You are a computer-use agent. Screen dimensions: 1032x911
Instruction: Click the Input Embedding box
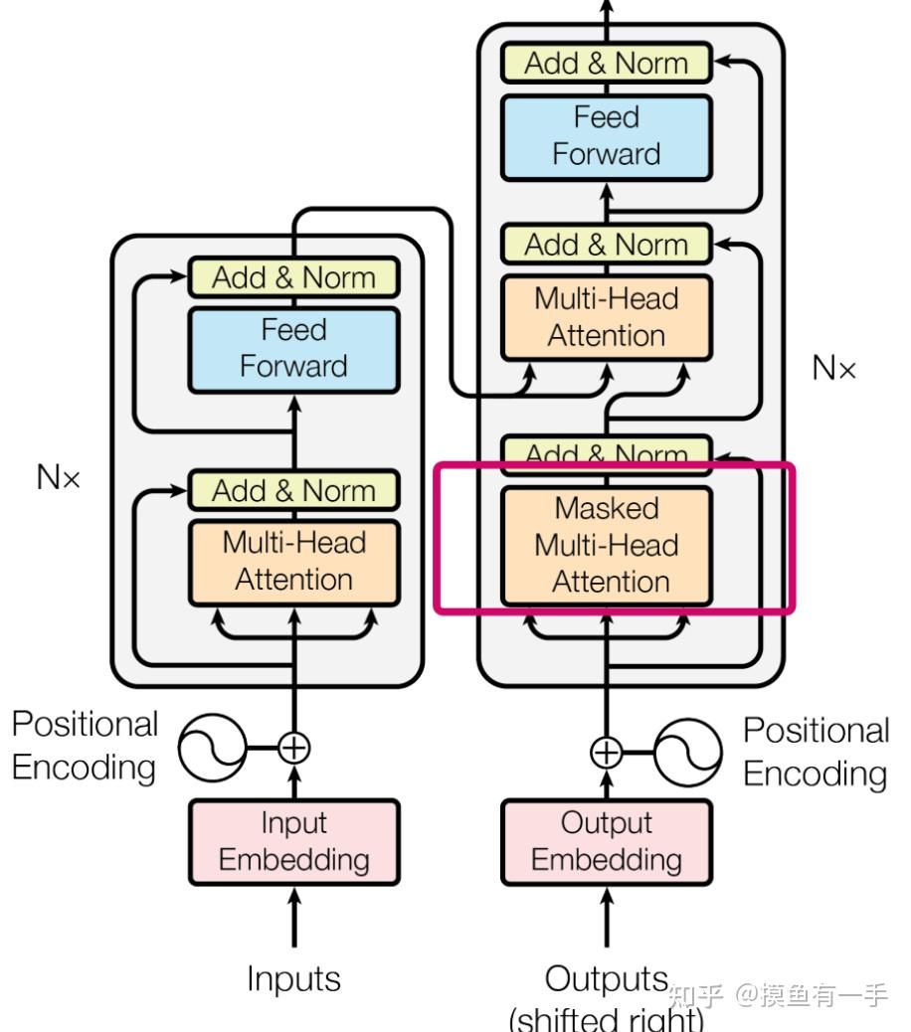tap(293, 841)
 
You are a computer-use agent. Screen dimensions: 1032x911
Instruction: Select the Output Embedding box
tap(606, 841)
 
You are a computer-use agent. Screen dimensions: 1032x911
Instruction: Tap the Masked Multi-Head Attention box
tap(606, 545)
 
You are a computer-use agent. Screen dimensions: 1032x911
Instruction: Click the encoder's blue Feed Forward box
tap(293, 348)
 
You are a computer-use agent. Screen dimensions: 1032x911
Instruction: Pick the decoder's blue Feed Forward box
tap(606, 136)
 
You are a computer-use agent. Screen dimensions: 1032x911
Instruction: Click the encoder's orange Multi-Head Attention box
tap(293, 562)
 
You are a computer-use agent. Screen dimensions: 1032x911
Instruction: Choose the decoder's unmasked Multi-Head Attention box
tap(606, 317)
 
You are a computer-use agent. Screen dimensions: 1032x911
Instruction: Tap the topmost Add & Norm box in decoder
tap(606, 64)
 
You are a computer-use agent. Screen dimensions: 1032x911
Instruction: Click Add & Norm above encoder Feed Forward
tap(293, 277)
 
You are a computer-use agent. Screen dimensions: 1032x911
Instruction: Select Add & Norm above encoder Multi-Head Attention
tap(293, 490)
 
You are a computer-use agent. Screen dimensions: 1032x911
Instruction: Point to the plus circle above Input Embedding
tap(293, 747)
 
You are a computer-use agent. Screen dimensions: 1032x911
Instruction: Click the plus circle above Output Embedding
tap(606, 752)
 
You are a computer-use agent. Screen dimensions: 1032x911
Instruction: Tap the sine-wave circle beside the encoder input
tap(213, 747)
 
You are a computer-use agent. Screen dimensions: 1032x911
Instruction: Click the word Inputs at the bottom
tap(293, 979)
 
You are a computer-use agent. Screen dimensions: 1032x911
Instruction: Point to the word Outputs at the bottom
tap(606, 979)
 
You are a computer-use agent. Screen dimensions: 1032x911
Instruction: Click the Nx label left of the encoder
tap(58, 477)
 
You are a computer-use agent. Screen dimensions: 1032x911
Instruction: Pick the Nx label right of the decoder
tap(833, 369)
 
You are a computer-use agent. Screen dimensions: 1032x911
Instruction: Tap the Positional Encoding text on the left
tap(85, 746)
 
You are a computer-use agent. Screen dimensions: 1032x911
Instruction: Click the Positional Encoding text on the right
tap(817, 752)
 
